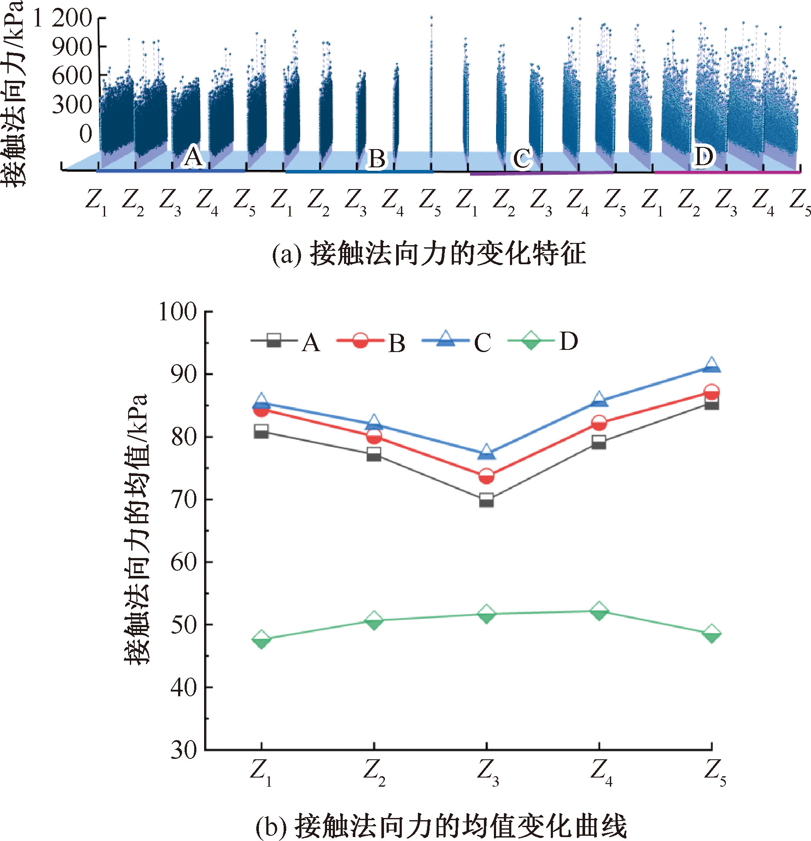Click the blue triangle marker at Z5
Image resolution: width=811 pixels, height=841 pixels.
click(711, 366)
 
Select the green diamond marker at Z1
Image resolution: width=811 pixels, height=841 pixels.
click(261, 640)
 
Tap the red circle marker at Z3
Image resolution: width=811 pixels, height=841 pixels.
click(487, 476)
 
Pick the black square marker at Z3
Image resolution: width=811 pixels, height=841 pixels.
click(487, 500)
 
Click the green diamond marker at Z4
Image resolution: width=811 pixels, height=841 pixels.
click(599, 611)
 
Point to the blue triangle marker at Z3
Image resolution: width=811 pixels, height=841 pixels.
click(487, 452)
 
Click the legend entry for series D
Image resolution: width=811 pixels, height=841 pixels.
click(543, 342)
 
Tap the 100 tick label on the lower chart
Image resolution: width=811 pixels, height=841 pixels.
click(178, 312)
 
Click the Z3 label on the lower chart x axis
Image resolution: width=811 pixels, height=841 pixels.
click(487, 772)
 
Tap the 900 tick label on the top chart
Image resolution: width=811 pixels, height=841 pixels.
click(72, 47)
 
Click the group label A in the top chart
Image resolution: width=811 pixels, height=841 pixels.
click(193, 157)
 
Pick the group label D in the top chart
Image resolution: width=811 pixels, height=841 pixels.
click(703, 156)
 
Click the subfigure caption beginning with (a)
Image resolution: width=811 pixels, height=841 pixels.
click(429, 254)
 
